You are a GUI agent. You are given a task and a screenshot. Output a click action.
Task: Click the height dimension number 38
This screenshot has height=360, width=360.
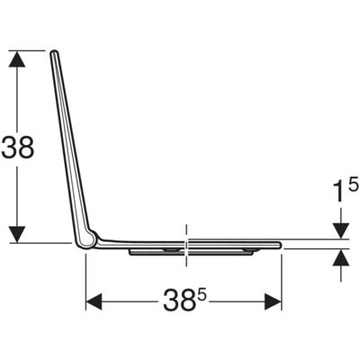(18, 148)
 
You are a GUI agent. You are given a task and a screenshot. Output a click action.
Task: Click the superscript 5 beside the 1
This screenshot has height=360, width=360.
(354, 184)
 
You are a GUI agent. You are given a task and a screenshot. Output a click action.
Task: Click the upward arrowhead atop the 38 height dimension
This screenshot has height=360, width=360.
(17, 59)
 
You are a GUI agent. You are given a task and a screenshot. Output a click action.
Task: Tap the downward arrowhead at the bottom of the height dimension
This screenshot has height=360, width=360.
(17, 234)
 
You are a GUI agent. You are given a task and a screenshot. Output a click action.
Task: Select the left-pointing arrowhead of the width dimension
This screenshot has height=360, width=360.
(94, 301)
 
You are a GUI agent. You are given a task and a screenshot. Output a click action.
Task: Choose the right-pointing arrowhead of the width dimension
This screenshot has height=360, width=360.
(273, 301)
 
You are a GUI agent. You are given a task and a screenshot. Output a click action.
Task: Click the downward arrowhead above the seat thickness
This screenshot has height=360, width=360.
(341, 231)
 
